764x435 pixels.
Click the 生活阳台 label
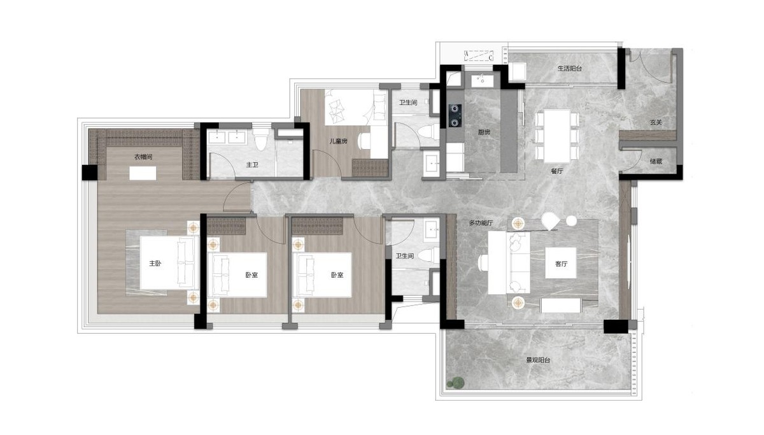(x=570, y=69)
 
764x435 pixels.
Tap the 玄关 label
(x=656, y=122)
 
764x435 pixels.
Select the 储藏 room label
(x=656, y=161)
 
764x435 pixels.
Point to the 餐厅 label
(x=557, y=171)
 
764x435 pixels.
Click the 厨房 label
(x=484, y=132)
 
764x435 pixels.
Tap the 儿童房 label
(x=338, y=141)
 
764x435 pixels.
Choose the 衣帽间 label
(x=143, y=157)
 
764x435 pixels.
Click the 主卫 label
(x=252, y=165)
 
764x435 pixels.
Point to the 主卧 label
(x=155, y=264)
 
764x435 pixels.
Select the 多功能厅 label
(x=481, y=223)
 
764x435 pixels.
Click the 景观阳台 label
(x=538, y=360)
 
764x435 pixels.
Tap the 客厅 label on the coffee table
(x=561, y=264)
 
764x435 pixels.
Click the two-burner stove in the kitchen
(x=455, y=116)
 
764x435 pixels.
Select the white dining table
(x=557, y=136)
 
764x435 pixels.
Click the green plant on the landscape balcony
(x=456, y=383)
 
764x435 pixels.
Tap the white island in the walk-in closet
(x=143, y=173)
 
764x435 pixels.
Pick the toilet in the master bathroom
(x=261, y=140)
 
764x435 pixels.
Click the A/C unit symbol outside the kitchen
(x=479, y=55)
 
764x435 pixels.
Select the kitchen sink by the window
(x=483, y=81)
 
